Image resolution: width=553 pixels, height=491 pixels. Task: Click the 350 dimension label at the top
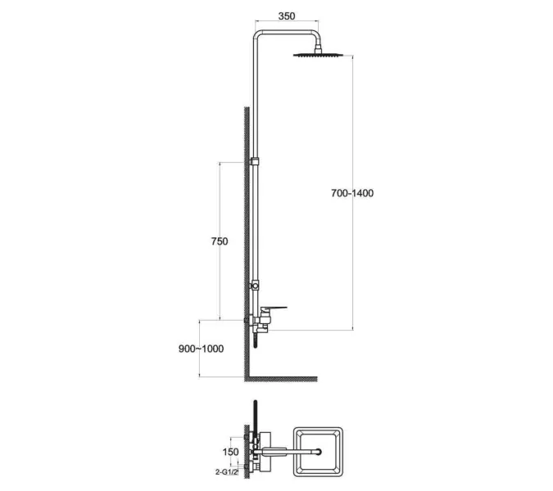tap(287, 16)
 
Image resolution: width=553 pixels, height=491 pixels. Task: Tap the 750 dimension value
tap(220, 241)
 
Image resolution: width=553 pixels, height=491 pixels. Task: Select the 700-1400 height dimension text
tap(352, 193)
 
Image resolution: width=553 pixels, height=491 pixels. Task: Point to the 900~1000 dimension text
tap(201, 349)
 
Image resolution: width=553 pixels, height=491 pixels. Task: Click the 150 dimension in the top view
tap(231, 452)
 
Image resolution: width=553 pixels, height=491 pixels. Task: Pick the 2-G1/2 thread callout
tap(227, 472)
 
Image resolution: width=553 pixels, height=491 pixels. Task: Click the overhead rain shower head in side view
tap(318, 55)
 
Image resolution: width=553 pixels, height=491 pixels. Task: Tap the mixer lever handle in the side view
tap(274, 309)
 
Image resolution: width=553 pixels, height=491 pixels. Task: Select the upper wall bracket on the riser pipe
tap(255, 162)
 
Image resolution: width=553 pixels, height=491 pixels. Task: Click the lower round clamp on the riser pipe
tap(255, 285)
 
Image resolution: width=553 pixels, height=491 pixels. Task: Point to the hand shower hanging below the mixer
tap(256, 339)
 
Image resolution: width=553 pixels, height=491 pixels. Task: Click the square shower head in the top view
tap(318, 452)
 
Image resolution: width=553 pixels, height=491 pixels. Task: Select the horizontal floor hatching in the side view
tap(281, 379)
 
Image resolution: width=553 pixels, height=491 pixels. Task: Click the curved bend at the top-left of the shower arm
tap(258, 35)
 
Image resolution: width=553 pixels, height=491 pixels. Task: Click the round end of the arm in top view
tap(319, 452)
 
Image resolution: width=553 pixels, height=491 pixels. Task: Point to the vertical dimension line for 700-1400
tap(352, 192)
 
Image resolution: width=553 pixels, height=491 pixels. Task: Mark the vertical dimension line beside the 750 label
tap(220, 241)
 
